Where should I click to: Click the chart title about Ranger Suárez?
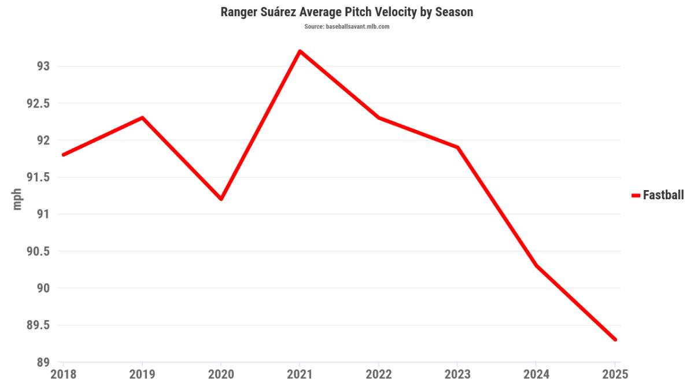(x=347, y=12)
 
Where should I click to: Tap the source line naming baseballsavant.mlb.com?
(x=347, y=27)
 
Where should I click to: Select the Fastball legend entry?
(x=658, y=195)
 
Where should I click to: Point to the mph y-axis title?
(x=17, y=199)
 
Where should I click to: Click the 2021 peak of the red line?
(x=300, y=51)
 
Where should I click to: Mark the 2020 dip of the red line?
(x=221, y=199)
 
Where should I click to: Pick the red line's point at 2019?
(x=142, y=118)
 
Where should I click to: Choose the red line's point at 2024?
(x=537, y=266)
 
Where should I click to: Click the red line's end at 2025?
(x=615, y=339)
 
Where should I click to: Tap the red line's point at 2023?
(x=457, y=147)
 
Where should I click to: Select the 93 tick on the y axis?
(x=43, y=66)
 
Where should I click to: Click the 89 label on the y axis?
(x=43, y=362)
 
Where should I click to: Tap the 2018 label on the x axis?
(x=63, y=374)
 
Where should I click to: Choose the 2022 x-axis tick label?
(x=379, y=374)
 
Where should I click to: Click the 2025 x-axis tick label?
(x=615, y=374)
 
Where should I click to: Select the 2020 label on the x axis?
(x=221, y=374)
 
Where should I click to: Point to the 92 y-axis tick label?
(x=43, y=140)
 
